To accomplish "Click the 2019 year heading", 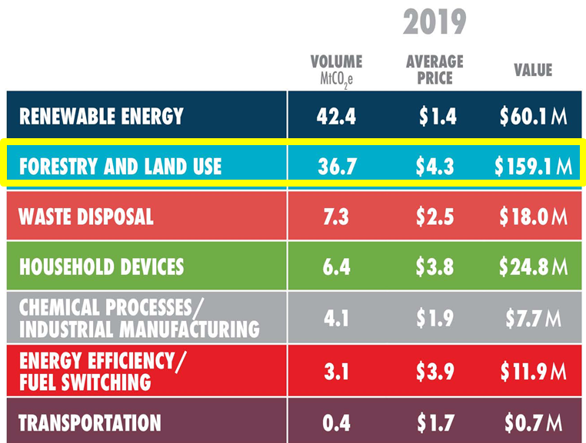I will [435, 22].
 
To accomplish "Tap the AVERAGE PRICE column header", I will [435, 69].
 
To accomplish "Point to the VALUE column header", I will [533, 70].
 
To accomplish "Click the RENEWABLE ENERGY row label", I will [102, 116].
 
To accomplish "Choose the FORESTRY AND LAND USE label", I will [120, 166].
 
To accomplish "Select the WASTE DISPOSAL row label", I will [86, 217].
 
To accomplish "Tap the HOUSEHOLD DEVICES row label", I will [102, 266].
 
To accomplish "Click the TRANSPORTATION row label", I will [90, 423].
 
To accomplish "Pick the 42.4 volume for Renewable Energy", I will [336, 116].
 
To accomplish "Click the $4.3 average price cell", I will [436, 166].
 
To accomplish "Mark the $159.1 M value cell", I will [533, 166].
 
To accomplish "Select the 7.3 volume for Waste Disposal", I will [336, 217].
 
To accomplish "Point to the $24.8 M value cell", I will [533, 266].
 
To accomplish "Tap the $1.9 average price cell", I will [436, 318].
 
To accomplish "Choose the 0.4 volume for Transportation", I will [336, 423].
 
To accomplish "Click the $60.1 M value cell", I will [533, 116].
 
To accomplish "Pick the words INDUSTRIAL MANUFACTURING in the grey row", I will [138, 329].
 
